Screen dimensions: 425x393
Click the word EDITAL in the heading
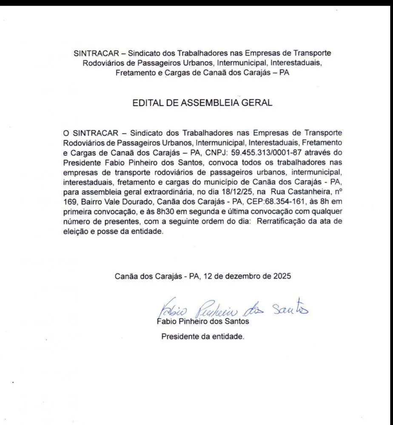[x=147, y=103]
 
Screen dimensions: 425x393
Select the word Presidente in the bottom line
[x=179, y=337]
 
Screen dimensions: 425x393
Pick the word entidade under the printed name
[x=229, y=337]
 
